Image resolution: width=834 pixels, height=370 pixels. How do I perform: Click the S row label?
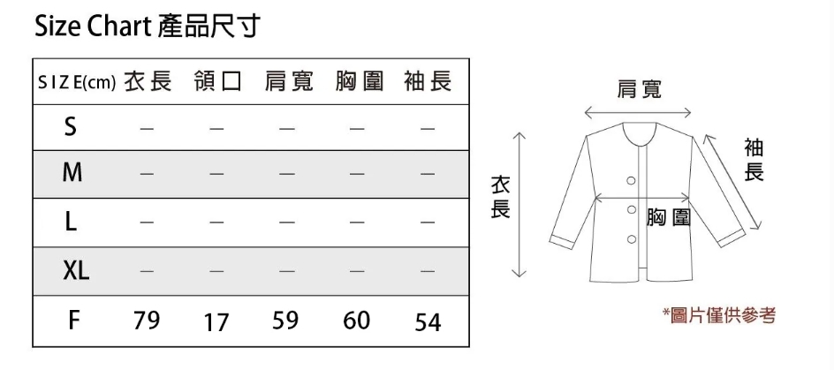[x=70, y=128]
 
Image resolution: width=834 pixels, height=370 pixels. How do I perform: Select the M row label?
[x=72, y=174]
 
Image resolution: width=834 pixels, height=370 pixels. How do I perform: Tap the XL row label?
[x=76, y=272]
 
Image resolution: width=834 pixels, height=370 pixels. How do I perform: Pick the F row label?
[x=75, y=320]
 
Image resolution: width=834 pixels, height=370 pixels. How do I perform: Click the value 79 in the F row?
[x=147, y=321]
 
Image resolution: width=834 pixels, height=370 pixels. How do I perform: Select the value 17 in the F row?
[x=216, y=323]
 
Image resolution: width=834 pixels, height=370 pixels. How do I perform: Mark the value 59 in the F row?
[x=285, y=321]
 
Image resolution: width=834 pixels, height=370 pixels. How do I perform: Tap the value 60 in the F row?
[x=356, y=321]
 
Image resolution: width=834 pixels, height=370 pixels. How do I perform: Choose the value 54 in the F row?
[x=428, y=323]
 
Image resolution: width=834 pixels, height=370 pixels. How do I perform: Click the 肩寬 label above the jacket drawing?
[x=638, y=89]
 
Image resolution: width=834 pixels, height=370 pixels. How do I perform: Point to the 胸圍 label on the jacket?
[x=668, y=217]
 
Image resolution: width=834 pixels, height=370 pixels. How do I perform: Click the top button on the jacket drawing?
[x=631, y=180]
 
